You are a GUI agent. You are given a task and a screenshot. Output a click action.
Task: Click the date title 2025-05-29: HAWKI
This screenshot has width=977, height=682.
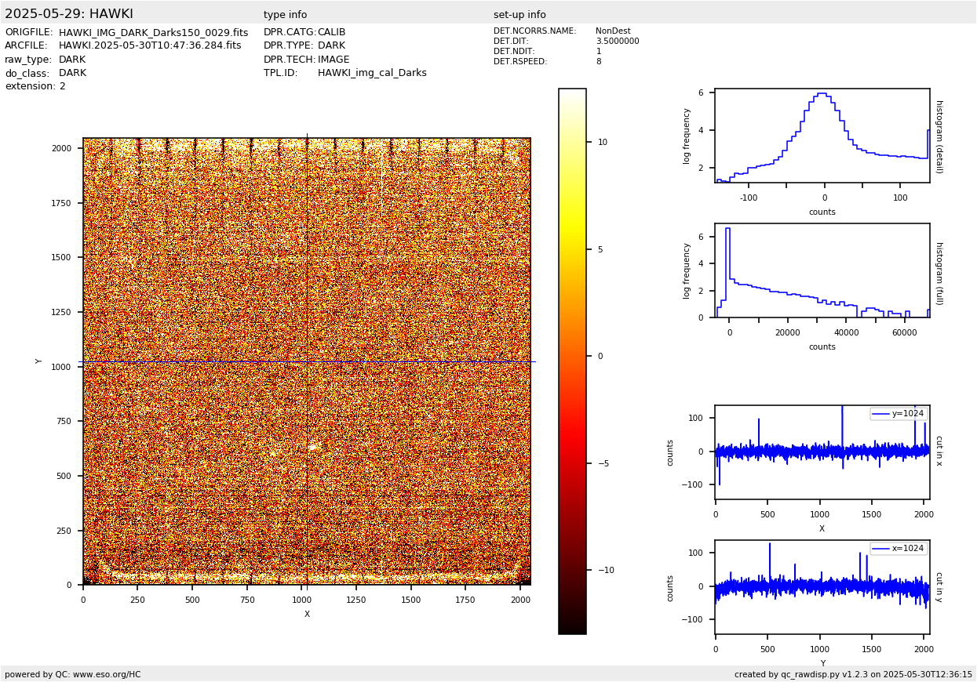(x=69, y=14)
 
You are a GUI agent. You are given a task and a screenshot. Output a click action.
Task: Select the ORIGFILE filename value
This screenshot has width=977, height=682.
(x=153, y=33)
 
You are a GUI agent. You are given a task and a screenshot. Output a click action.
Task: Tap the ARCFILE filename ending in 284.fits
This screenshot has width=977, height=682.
(x=150, y=46)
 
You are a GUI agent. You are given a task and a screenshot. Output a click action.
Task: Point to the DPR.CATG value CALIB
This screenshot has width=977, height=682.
(x=331, y=33)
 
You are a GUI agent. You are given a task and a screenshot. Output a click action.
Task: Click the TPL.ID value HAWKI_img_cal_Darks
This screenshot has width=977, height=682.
(x=372, y=73)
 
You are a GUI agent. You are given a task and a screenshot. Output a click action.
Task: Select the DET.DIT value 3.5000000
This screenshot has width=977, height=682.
(x=617, y=42)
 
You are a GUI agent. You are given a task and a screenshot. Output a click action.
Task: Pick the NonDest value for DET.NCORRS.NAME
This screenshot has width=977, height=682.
(x=613, y=31)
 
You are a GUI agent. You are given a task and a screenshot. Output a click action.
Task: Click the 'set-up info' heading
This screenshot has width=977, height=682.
(x=519, y=15)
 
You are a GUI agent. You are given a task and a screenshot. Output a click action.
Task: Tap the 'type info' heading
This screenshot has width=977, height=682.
(x=285, y=15)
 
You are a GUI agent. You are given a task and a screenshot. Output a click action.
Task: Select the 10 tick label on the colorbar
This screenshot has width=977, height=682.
(x=603, y=143)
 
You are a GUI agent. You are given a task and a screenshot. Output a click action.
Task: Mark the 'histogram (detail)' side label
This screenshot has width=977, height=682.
(x=939, y=136)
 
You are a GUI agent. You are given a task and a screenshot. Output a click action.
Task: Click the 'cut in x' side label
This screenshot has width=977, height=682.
(x=939, y=451)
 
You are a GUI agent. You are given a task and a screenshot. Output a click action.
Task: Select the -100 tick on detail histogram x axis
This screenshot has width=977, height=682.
(x=749, y=198)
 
